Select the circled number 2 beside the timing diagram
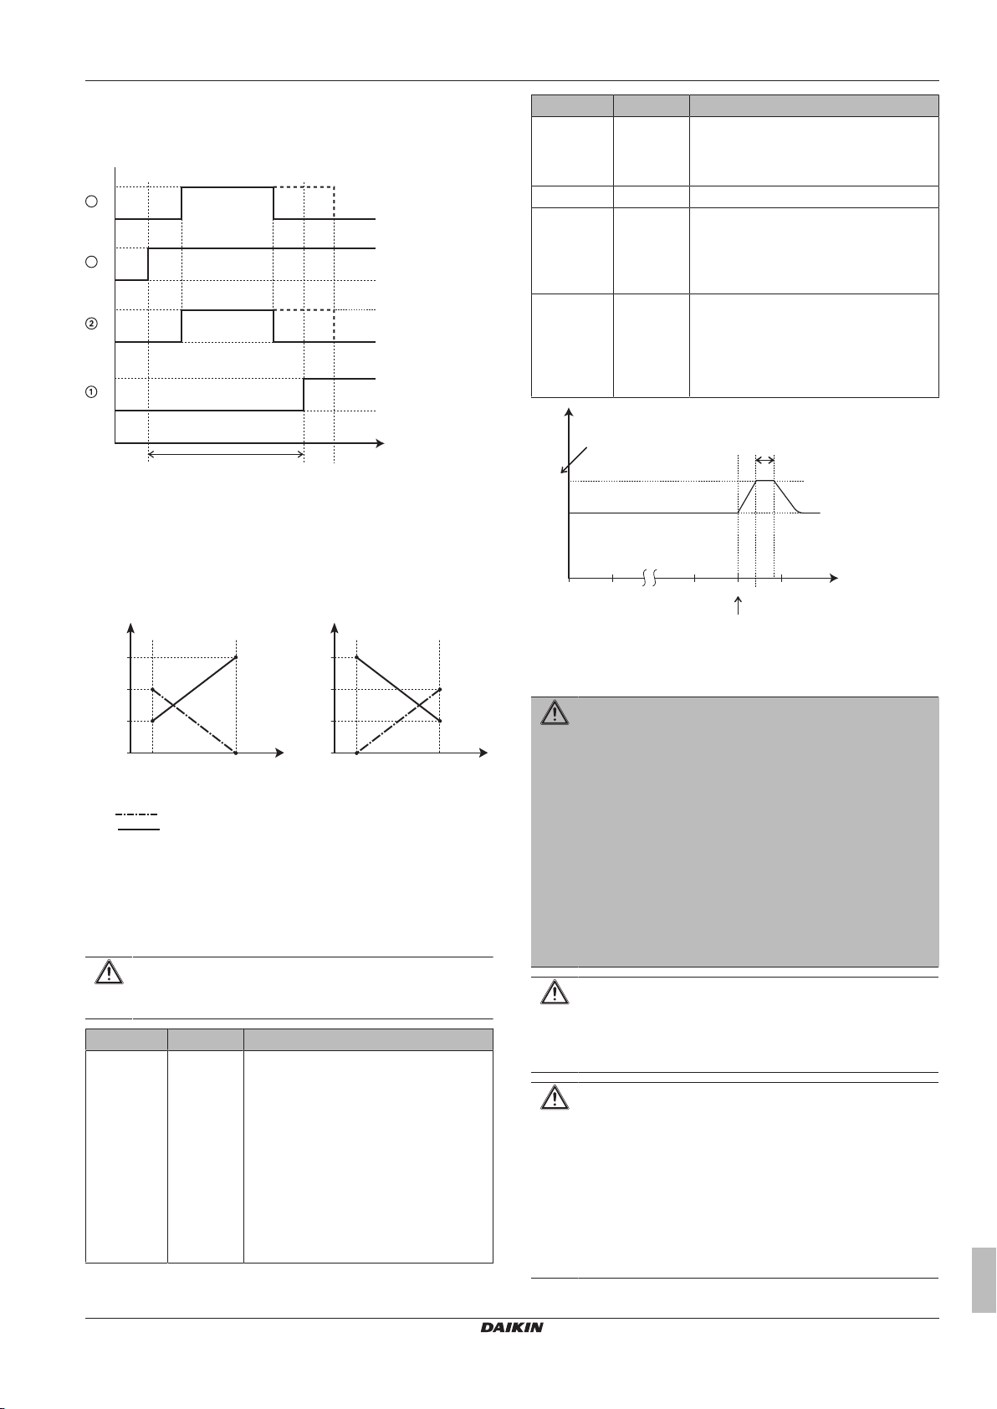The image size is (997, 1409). [92, 324]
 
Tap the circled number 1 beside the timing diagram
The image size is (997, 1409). [92, 393]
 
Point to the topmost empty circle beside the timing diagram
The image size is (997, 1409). [92, 202]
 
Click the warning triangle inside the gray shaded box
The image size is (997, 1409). [553, 713]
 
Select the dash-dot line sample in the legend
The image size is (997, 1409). [136, 814]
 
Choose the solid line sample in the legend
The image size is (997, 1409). [136, 830]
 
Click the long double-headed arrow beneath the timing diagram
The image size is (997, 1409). [226, 455]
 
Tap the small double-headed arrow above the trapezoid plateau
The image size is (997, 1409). [764, 460]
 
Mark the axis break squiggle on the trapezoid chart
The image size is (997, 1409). [651, 578]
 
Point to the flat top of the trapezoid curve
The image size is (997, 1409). [765, 481]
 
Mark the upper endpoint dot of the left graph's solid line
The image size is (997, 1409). [238, 657]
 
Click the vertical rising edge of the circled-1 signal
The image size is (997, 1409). [304, 395]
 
